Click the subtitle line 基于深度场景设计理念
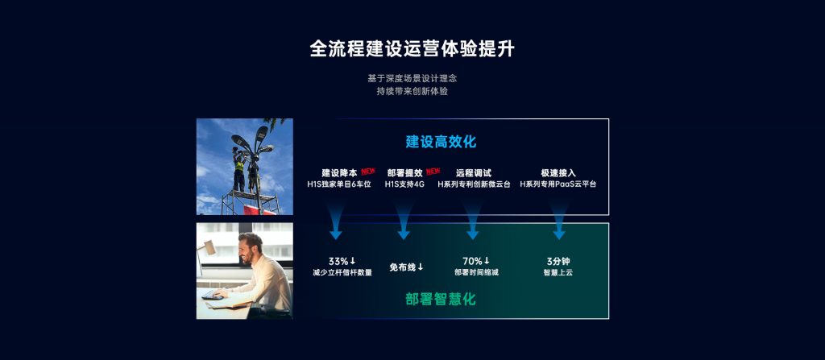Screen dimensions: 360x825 (412, 78)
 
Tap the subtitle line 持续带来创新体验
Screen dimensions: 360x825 (412, 91)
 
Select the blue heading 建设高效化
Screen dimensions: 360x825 (441, 142)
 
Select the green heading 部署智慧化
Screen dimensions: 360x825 (441, 299)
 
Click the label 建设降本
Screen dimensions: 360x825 (339, 172)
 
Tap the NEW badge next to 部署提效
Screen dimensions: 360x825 (433, 171)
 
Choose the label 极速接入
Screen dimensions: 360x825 (558, 172)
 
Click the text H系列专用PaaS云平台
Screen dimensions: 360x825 (558, 184)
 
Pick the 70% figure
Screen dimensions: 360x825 (476, 261)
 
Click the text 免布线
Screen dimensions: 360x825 (406, 267)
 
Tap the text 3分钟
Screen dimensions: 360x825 (558, 261)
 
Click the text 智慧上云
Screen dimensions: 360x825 (558, 273)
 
